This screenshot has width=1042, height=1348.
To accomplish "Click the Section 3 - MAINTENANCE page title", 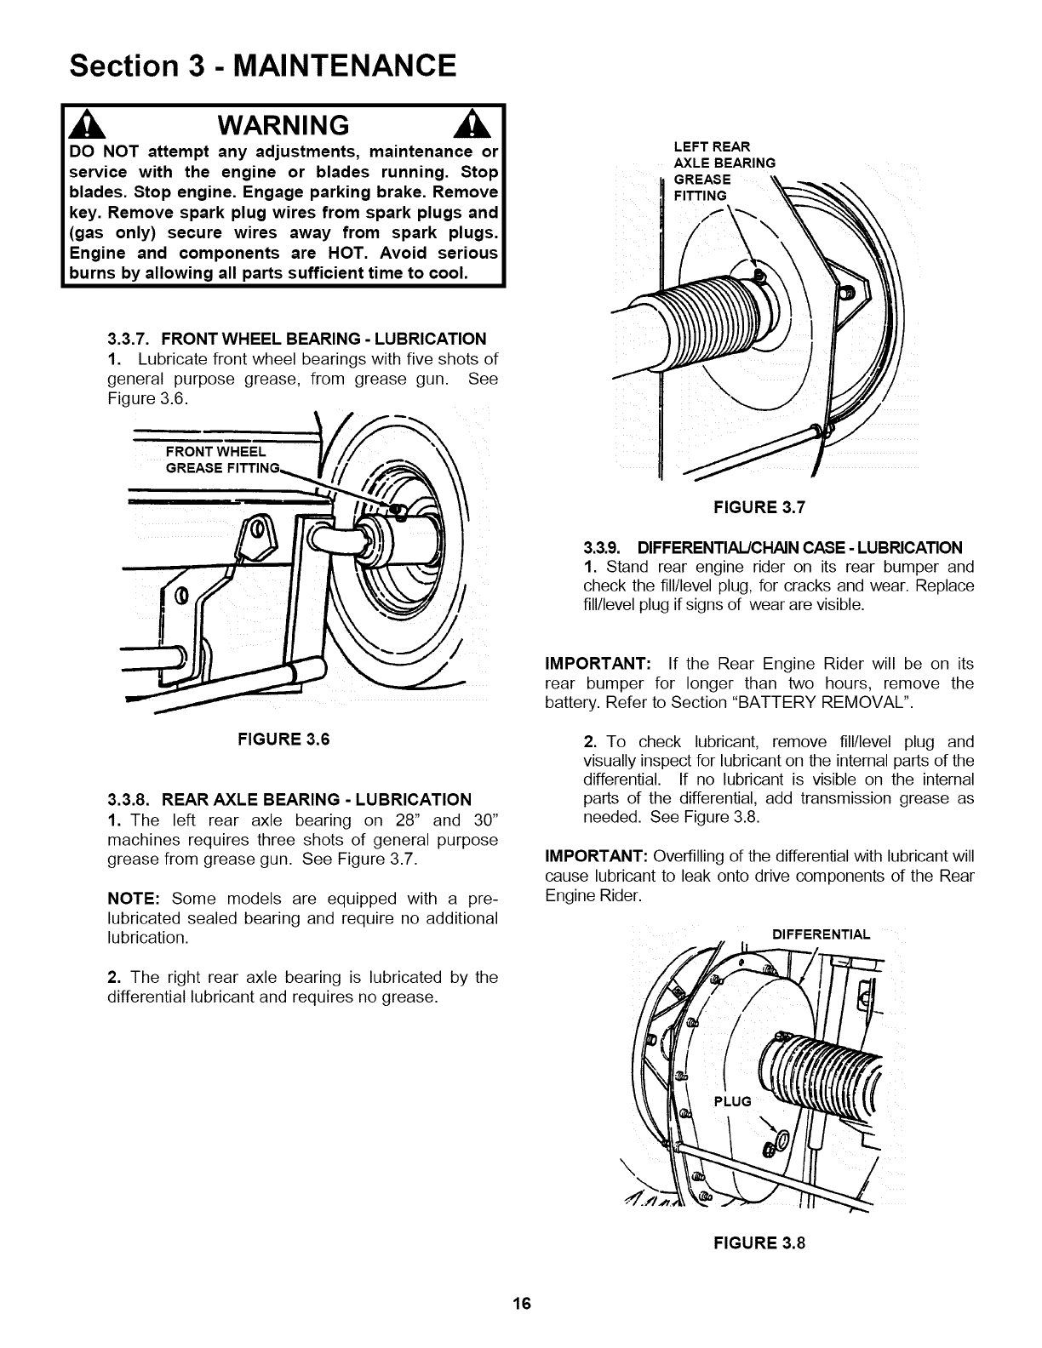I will pyautogui.click(x=263, y=65).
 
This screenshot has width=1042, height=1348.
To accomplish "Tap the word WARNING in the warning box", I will pyautogui.click(x=283, y=125).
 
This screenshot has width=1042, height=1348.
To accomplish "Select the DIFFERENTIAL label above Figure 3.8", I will pyautogui.click(x=821, y=934).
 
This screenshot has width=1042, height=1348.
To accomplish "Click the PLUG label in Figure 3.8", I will pyautogui.click(x=733, y=1101).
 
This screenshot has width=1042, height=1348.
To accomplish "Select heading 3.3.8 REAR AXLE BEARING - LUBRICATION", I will pyautogui.click(x=289, y=799).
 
